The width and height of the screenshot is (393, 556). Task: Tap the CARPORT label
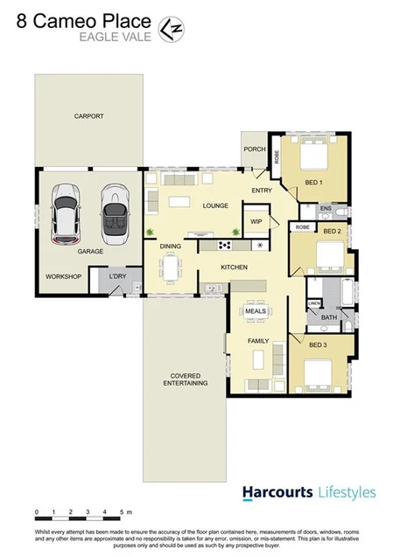(x=88, y=116)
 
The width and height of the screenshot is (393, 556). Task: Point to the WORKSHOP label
(x=63, y=276)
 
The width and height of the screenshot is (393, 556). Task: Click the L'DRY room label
(x=118, y=277)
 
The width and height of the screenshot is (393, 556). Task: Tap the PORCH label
(x=255, y=149)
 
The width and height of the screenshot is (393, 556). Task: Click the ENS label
(x=326, y=208)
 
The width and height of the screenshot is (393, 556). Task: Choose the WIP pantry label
(x=256, y=221)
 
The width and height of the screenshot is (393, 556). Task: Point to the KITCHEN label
(x=234, y=267)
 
